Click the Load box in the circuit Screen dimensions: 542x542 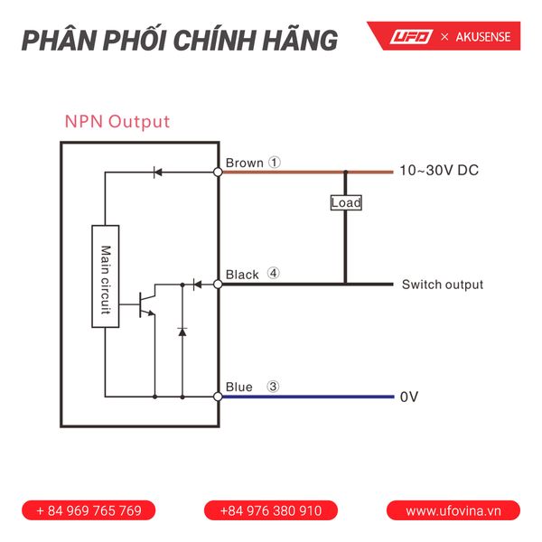(345, 202)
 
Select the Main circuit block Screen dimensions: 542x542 (106, 276)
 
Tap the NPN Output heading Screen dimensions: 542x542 (117, 121)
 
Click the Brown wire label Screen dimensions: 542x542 (244, 164)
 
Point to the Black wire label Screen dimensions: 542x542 (242, 275)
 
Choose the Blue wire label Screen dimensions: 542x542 (239, 387)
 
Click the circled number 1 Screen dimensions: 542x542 (276, 164)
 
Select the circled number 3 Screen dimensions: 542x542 (274, 387)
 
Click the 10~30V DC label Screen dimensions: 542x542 (439, 171)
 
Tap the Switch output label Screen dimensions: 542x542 (442, 285)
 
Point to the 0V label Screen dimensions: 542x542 (409, 397)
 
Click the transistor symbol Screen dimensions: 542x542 (145, 304)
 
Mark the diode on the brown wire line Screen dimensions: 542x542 (157, 171)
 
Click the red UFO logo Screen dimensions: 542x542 (412, 37)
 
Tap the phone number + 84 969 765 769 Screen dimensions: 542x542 (89, 510)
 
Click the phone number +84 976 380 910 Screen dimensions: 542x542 (271, 510)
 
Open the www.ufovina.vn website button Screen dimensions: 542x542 (453, 510)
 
